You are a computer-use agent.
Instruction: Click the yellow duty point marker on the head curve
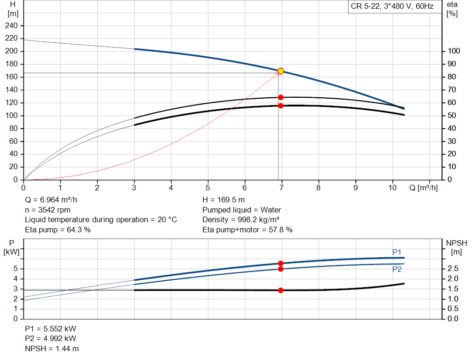tap(280, 71)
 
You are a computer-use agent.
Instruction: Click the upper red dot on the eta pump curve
tap(280, 97)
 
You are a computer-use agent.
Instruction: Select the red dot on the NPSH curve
tap(280, 290)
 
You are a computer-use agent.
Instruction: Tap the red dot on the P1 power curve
tap(280, 263)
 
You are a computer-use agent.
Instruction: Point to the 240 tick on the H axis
tap(12, 25)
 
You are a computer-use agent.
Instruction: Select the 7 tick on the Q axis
tap(282, 188)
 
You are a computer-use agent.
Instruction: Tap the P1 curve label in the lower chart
tap(397, 252)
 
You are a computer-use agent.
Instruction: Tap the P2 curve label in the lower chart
tap(397, 270)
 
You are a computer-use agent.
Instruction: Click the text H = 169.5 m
tap(224, 200)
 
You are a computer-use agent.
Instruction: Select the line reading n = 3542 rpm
tap(48, 210)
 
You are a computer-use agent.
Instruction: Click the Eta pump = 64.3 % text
tap(58, 229)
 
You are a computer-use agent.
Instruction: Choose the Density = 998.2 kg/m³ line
tap(242, 219)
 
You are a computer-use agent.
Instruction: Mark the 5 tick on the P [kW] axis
tap(15, 269)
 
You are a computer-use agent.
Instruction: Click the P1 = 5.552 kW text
tap(51, 329)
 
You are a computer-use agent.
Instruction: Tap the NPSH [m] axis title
tap(456, 247)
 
